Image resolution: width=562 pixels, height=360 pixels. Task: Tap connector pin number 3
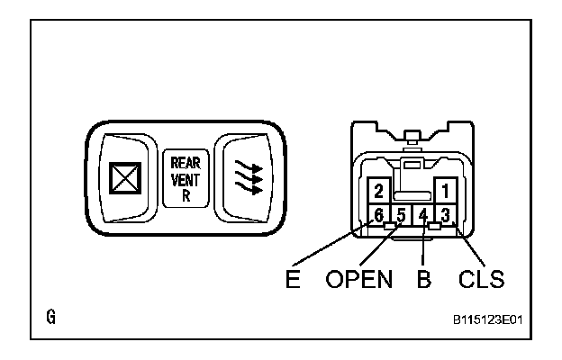(x=444, y=216)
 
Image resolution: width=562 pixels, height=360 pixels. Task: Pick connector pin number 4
(x=422, y=216)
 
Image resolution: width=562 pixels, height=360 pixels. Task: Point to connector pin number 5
(x=402, y=216)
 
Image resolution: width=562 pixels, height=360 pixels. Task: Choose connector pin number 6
(x=380, y=216)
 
